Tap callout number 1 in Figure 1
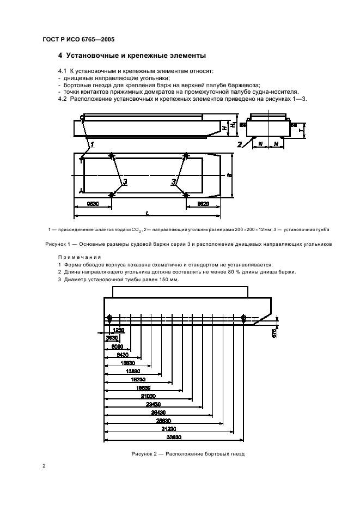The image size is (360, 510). pyautogui.click(x=93, y=145)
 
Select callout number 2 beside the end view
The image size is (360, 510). pyautogui.click(x=239, y=144)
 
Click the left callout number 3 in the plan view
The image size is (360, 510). pyautogui.click(x=125, y=182)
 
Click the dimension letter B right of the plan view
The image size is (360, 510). pyautogui.click(x=229, y=176)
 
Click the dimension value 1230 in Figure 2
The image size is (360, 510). pyautogui.click(x=119, y=330)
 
